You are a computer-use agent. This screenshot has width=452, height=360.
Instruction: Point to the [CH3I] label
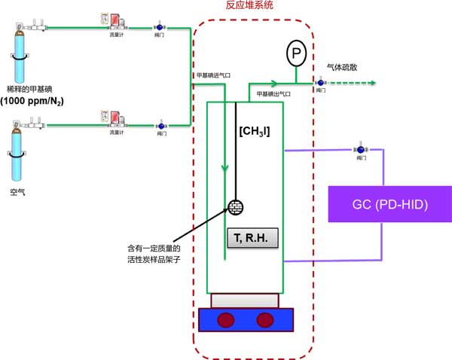pos(254,132)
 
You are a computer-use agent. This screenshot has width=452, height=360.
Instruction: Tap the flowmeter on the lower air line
pos(109,118)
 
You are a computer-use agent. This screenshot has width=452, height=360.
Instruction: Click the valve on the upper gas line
pos(159,26)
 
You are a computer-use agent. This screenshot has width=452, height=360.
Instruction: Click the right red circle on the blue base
pos(264,320)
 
